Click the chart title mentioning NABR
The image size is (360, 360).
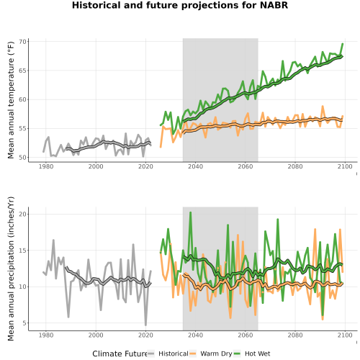(x=180, y=5)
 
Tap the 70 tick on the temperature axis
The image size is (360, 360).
(x=22, y=42)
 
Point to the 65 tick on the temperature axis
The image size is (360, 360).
(x=22, y=71)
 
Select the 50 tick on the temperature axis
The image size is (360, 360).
(x=22, y=158)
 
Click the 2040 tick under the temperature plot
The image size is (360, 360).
(x=195, y=166)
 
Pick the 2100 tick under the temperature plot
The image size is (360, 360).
(x=345, y=166)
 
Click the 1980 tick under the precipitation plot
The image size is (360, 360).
(x=46, y=335)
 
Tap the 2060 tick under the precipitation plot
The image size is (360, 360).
(x=246, y=335)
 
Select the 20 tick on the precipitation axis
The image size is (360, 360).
(x=22, y=214)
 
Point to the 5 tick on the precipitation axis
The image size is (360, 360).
(x=24, y=323)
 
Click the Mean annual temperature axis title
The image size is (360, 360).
(x=11, y=100)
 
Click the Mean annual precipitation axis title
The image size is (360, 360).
(x=11, y=269)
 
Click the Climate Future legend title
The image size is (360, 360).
(x=120, y=354)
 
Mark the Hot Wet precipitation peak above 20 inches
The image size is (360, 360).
(x=191, y=212)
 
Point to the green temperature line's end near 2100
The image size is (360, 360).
(x=343, y=44)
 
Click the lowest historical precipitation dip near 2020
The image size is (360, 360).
(x=145, y=325)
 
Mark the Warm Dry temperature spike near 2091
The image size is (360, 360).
(x=323, y=106)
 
